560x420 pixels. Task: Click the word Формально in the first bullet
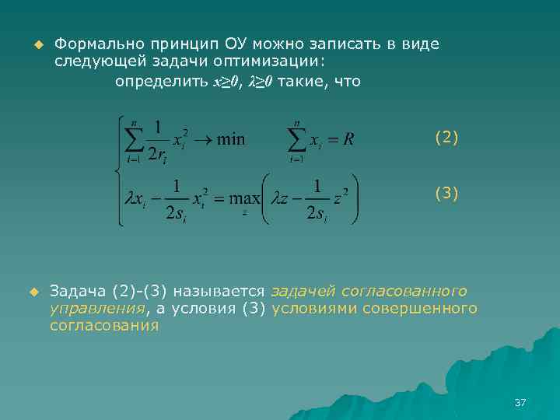click(92, 44)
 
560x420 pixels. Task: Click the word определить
click(161, 81)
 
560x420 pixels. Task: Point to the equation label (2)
click(446, 138)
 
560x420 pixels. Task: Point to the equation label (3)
click(446, 192)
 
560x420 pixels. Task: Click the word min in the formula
click(230, 140)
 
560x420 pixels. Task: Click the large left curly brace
click(118, 170)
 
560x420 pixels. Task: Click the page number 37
click(520, 402)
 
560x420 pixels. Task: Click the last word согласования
click(104, 326)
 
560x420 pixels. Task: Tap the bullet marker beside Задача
click(33, 292)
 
